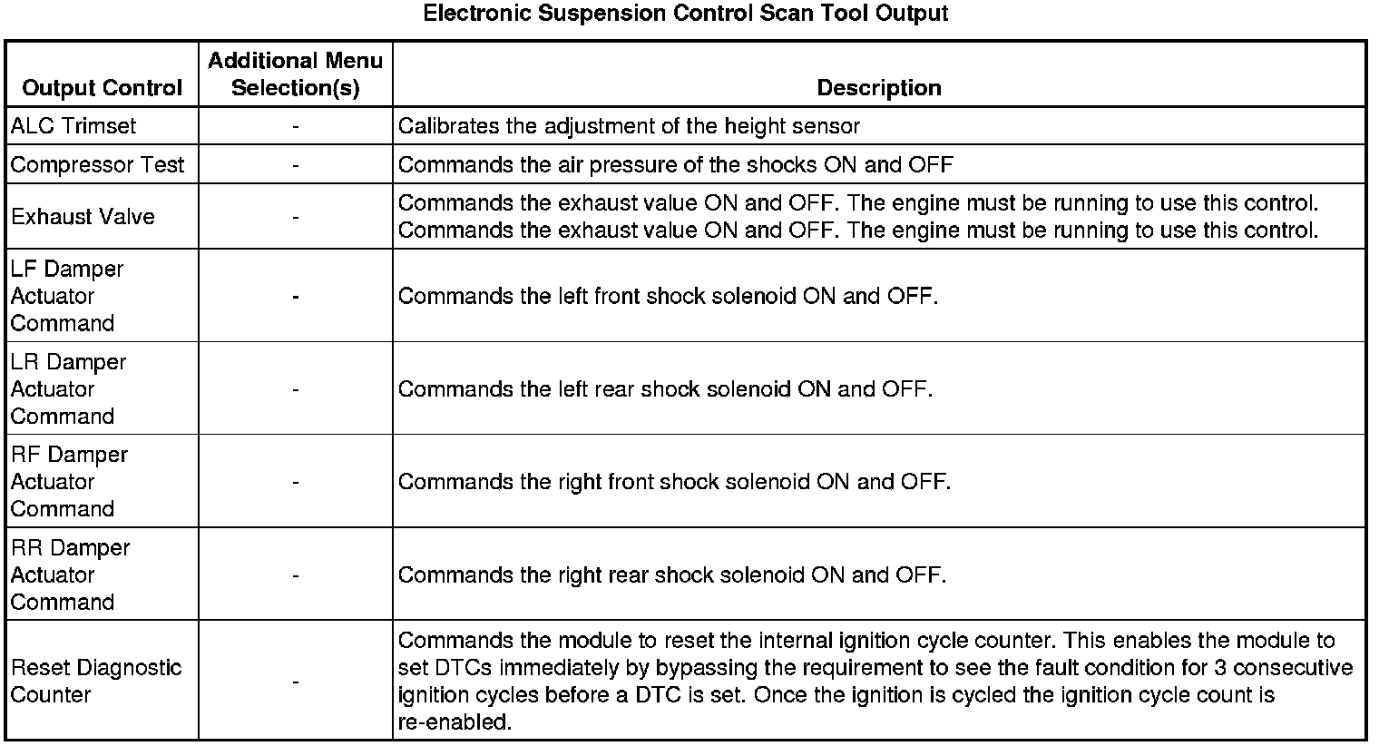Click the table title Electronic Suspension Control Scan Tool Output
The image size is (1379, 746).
(686, 14)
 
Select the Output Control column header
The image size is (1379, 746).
(103, 88)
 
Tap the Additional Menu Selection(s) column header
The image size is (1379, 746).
(295, 74)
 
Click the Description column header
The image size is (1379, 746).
(878, 88)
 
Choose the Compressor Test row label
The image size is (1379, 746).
(97, 165)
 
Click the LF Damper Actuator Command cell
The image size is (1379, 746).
(67, 296)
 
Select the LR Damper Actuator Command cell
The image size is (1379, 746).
(68, 389)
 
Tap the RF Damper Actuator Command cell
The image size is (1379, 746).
(69, 482)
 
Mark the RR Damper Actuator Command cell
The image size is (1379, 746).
(70, 575)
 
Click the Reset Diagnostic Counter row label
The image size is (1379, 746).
(96, 682)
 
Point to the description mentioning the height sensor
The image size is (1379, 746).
(629, 126)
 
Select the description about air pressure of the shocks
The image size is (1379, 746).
(675, 165)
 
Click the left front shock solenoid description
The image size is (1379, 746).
(668, 297)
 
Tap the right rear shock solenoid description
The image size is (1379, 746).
(671, 575)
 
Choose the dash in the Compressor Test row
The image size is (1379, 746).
(296, 165)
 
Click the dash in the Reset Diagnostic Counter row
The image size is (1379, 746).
(296, 682)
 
